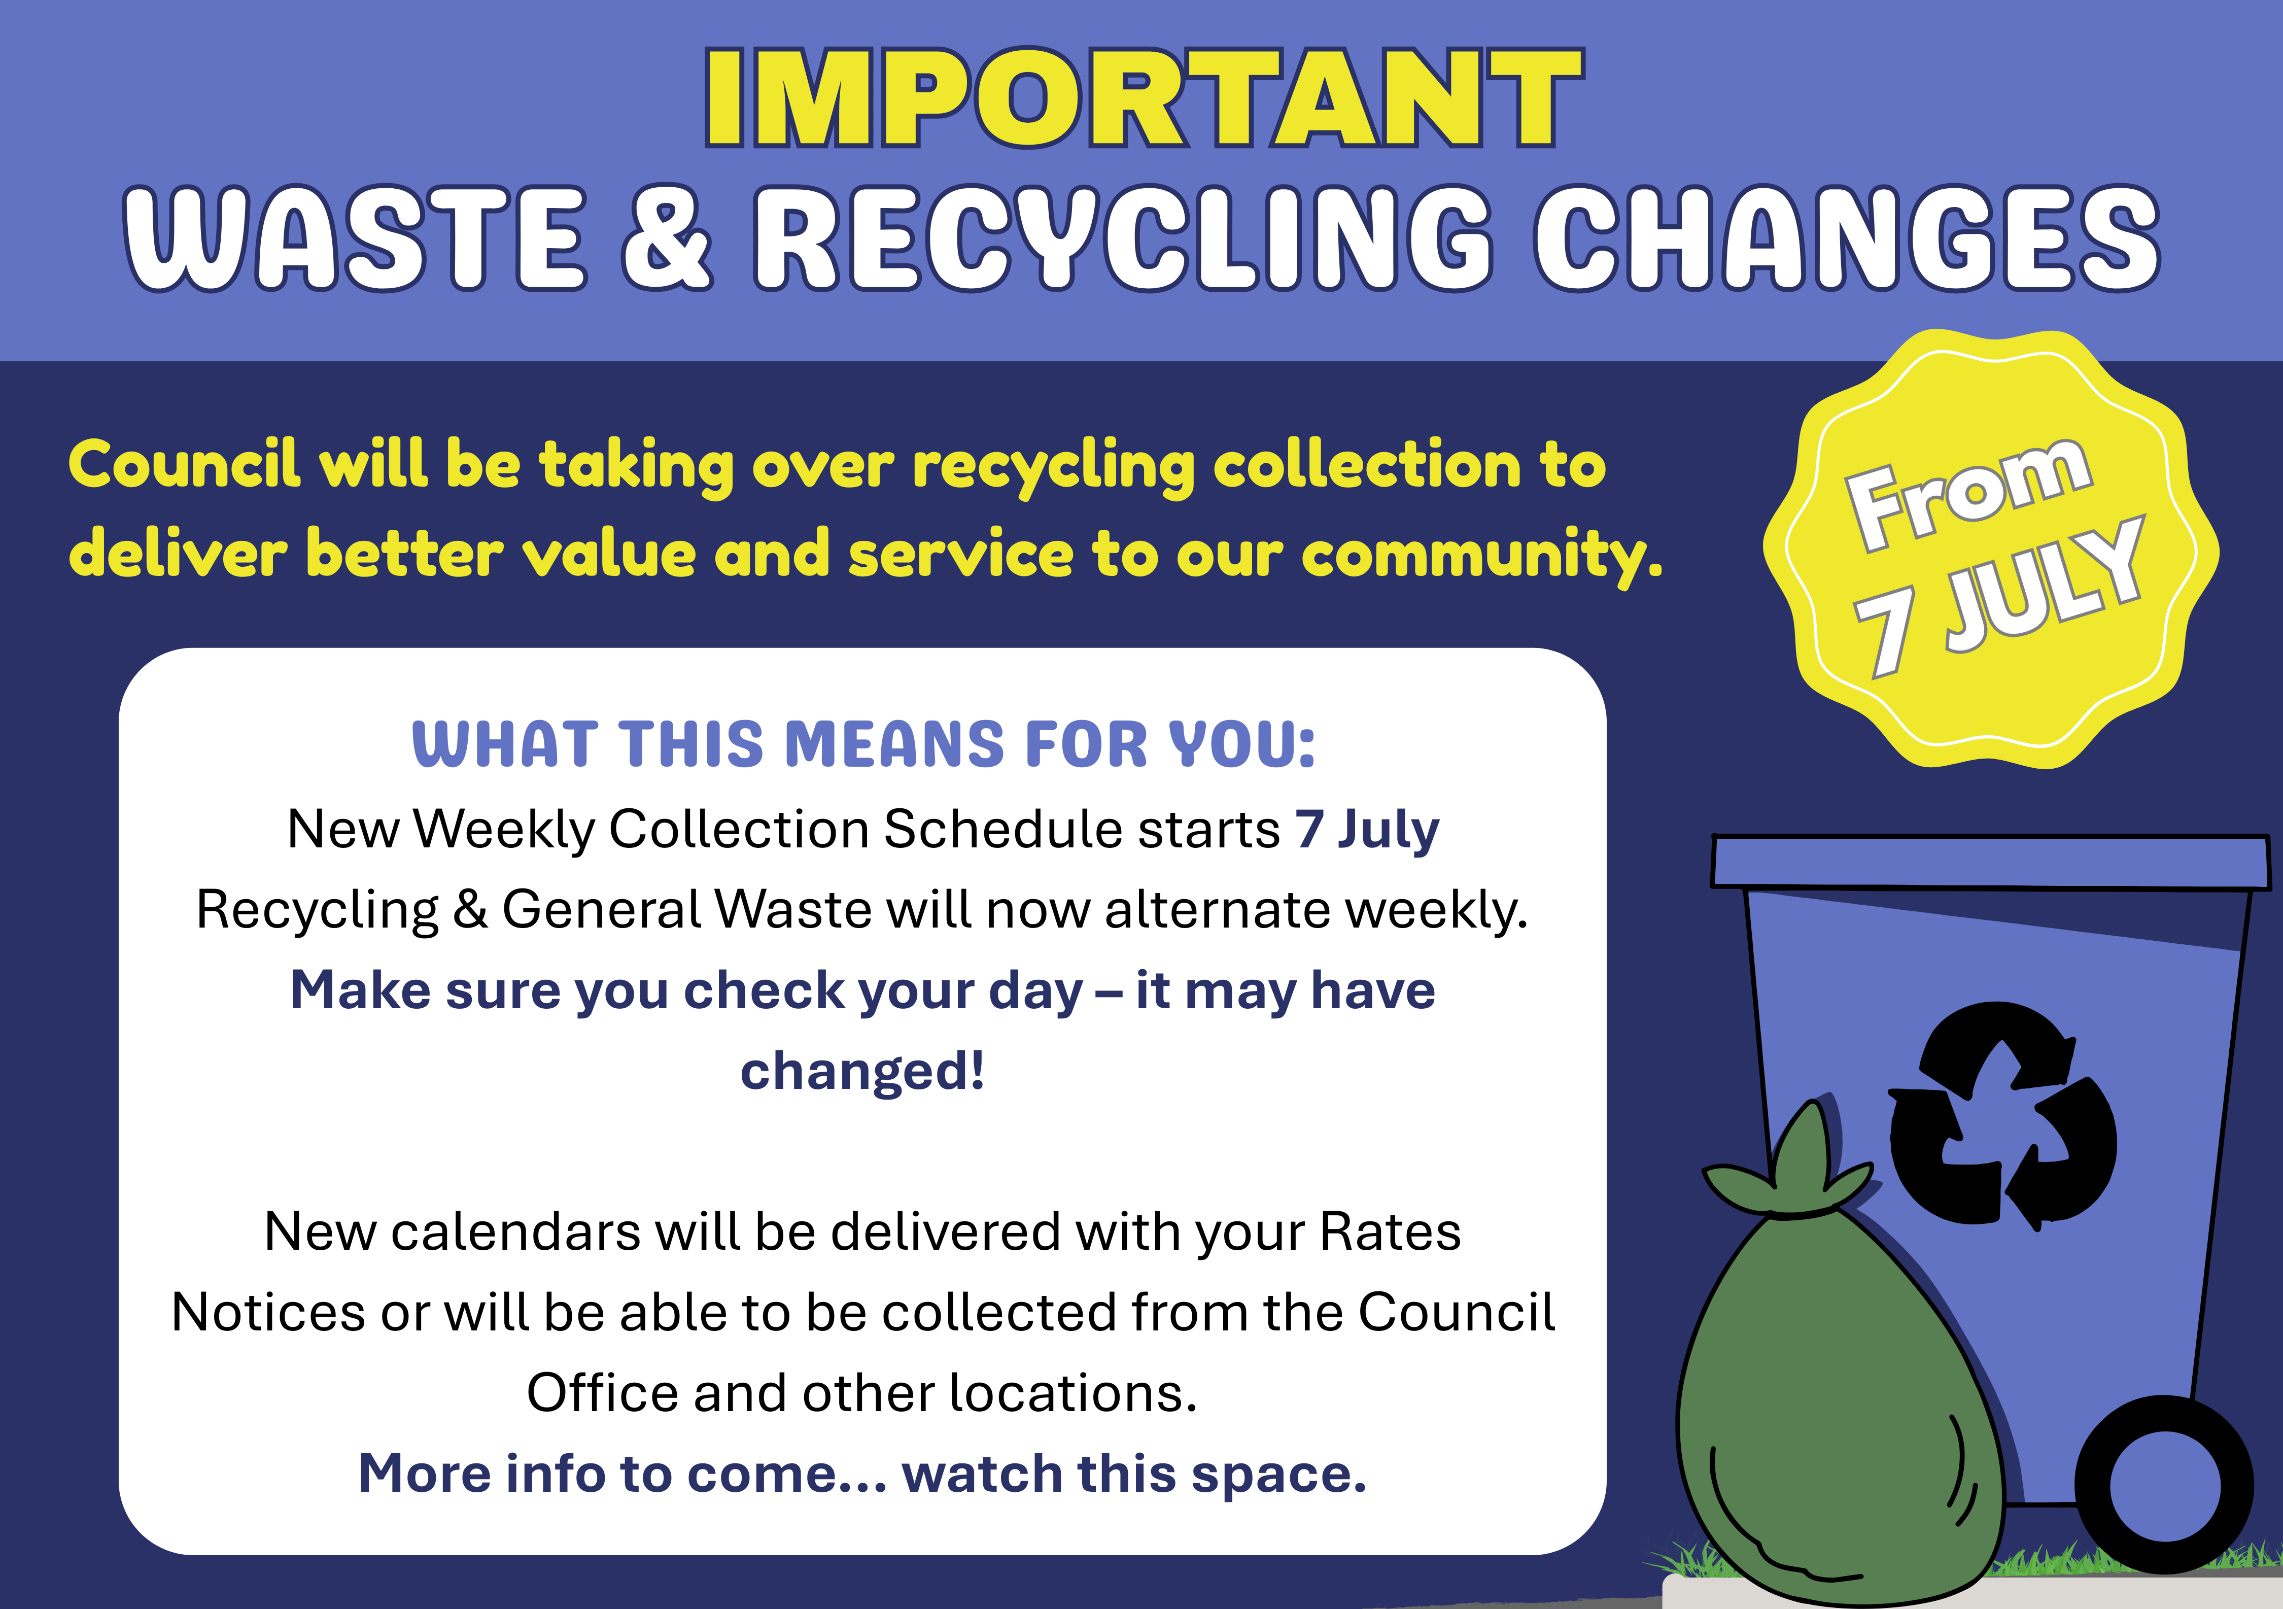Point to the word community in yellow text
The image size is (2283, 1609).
point(1481,555)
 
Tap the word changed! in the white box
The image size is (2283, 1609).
point(862,1071)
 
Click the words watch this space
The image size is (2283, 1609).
point(1133,1474)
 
